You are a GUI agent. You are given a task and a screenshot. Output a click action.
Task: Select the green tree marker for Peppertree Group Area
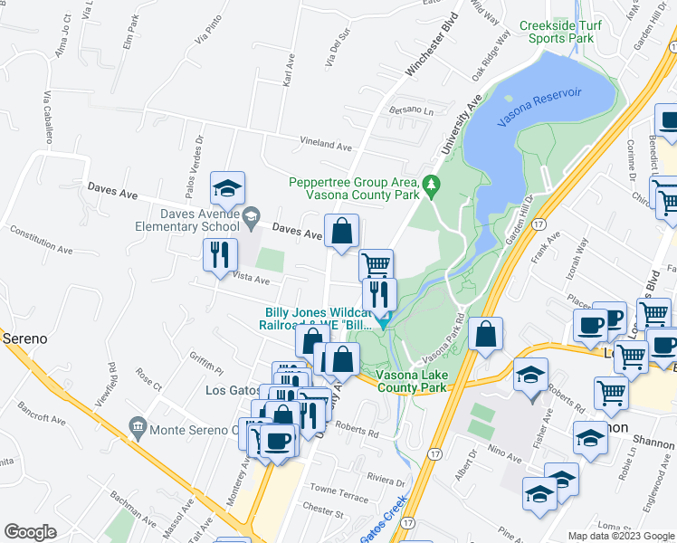432,184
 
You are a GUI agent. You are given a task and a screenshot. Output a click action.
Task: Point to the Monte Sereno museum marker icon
138,425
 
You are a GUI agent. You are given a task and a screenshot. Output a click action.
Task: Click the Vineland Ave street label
326,145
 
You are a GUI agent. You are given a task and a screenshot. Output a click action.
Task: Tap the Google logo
31,531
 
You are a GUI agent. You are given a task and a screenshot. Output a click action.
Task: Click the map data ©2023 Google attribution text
620,536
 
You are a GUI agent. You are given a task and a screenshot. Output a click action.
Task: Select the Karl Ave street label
290,70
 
